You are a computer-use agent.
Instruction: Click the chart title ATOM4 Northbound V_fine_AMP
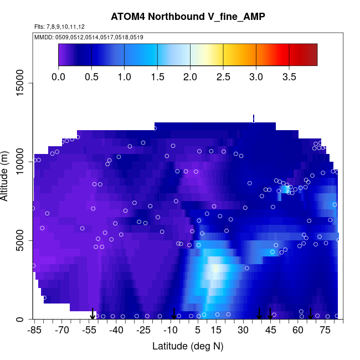click(188, 17)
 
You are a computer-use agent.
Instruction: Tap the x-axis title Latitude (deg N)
click(188, 346)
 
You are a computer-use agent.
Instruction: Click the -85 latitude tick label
click(34, 331)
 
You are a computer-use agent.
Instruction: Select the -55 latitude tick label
click(89, 331)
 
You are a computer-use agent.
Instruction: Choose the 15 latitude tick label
click(216, 331)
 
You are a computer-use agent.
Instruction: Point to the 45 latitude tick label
click(271, 331)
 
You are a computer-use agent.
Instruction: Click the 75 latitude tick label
click(325, 331)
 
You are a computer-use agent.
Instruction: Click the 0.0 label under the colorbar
click(58, 76)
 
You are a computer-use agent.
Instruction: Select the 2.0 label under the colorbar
click(190, 76)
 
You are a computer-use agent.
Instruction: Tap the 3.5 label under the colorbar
click(289, 76)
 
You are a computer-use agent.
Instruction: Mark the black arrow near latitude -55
click(93, 314)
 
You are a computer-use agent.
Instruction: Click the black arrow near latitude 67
click(311, 314)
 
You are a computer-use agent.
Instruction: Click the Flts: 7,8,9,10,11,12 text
click(60, 27)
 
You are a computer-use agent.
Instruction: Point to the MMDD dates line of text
click(89, 37)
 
